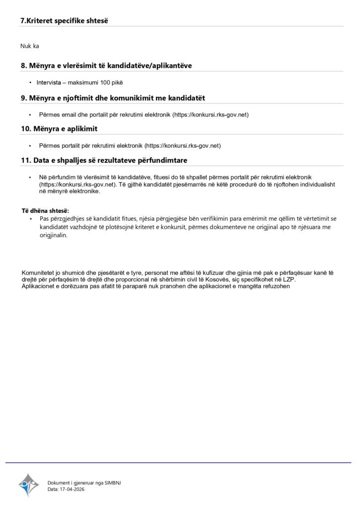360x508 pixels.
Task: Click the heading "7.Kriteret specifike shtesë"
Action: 64,21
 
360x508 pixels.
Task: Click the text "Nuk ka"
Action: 30,46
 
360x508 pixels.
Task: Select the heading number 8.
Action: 23,65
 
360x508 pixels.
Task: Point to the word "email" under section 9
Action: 70,115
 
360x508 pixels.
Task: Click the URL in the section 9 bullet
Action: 210,115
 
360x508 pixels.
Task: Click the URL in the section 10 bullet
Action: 182,146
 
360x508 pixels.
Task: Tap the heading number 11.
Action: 25,160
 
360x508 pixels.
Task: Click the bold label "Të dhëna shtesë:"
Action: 45,211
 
